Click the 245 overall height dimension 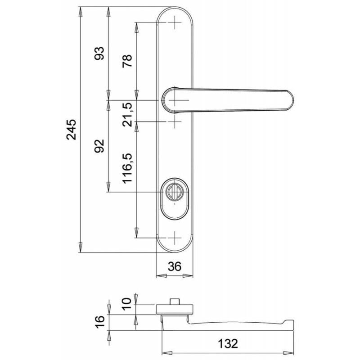pos(71,130)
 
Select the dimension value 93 pos(99,53)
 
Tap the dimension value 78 pos(127,61)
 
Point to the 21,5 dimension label pos(127,114)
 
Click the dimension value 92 pos(99,146)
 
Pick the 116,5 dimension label pos(127,168)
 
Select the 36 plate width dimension pos(175,266)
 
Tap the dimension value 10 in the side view pos(126,304)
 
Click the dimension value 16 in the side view pos(99,322)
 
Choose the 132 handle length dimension pos(228,344)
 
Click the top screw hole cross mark pos(175,22)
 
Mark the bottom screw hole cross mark pos(175,238)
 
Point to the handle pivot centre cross pos(175,100)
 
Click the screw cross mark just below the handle pos(175,121)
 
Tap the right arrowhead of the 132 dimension pos(288,353)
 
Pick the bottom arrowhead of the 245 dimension pos(80,247)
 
